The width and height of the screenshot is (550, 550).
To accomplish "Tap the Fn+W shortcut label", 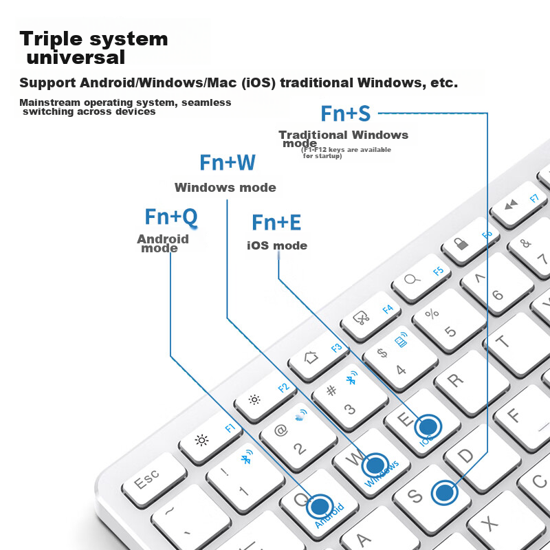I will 228,163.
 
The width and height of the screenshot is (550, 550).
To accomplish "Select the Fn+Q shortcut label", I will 171,217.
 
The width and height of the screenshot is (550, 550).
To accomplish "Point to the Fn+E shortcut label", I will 276,223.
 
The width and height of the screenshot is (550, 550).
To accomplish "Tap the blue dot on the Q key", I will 320,506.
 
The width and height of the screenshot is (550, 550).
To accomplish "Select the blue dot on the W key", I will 375,463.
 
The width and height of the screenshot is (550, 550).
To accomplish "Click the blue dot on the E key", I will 429,426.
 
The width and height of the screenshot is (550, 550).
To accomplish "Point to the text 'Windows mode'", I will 225,188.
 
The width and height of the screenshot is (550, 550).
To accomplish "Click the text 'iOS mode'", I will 277,246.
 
